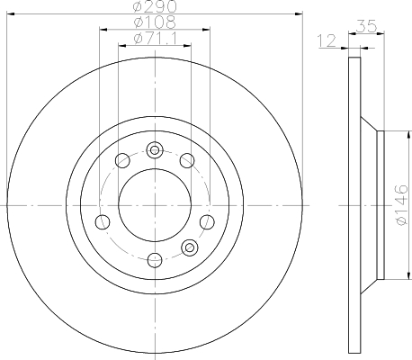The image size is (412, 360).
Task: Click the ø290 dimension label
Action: (x=154, y=6)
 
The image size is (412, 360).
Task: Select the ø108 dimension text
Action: (x=154, y=22)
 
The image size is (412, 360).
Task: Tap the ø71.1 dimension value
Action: (x=154, y=38)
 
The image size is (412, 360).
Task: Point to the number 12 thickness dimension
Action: (x=327, y=40)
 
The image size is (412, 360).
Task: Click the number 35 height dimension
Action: (x=365, y=27)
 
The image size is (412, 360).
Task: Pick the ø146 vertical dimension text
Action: (x=402, y=205)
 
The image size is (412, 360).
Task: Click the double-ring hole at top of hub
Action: (x=155, y=149)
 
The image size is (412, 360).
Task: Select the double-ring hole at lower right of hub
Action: (x=189, y=247)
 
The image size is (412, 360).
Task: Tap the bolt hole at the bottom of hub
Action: (x=155, y=261)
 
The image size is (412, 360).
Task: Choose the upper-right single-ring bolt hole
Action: (x=187, y=161)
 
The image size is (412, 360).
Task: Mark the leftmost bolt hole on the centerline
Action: (x=103, y=221)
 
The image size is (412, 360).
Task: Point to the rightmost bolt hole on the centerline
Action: (x=208, y=221)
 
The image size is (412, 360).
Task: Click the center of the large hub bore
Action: (x=155, y=205)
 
